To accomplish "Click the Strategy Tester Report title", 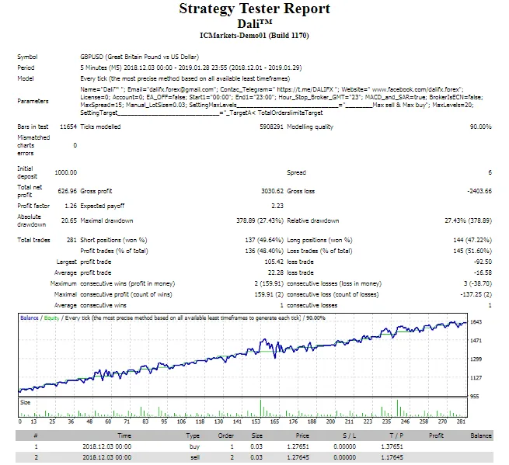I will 255,9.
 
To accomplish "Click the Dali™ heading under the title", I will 255,23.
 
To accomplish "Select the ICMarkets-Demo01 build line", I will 255,35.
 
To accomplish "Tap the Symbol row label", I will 27,57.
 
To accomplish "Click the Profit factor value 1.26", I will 71,206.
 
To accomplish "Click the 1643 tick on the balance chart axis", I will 476,322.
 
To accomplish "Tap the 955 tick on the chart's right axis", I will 476,395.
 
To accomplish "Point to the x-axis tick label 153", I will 256,422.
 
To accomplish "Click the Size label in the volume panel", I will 26,402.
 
